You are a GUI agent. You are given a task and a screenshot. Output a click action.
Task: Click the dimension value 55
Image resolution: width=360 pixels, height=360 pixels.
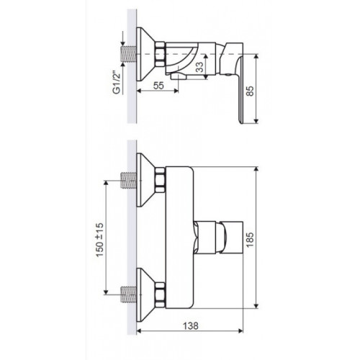[158, 86]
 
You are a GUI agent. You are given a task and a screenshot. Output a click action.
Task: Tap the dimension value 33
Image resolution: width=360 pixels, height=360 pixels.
[199, 67]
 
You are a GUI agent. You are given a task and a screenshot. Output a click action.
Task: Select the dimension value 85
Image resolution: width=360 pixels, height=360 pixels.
[250, 91]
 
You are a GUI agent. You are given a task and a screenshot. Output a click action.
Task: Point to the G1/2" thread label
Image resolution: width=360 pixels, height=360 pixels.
[117, 82]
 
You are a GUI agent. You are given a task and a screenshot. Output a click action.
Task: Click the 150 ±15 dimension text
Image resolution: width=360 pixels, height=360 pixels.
[100, 240]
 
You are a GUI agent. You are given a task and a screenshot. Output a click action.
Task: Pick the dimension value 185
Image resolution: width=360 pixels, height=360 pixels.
[250, 240]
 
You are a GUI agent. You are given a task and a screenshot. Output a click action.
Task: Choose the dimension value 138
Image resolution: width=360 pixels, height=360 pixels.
[191, 325]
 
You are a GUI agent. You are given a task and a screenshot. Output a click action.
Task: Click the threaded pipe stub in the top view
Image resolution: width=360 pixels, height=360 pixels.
[128, 54]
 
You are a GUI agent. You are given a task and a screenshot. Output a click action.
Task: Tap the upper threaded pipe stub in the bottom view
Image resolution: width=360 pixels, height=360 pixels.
[128, 181]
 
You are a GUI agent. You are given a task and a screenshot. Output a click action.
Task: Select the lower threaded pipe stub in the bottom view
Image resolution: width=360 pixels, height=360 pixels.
[128, 294]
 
